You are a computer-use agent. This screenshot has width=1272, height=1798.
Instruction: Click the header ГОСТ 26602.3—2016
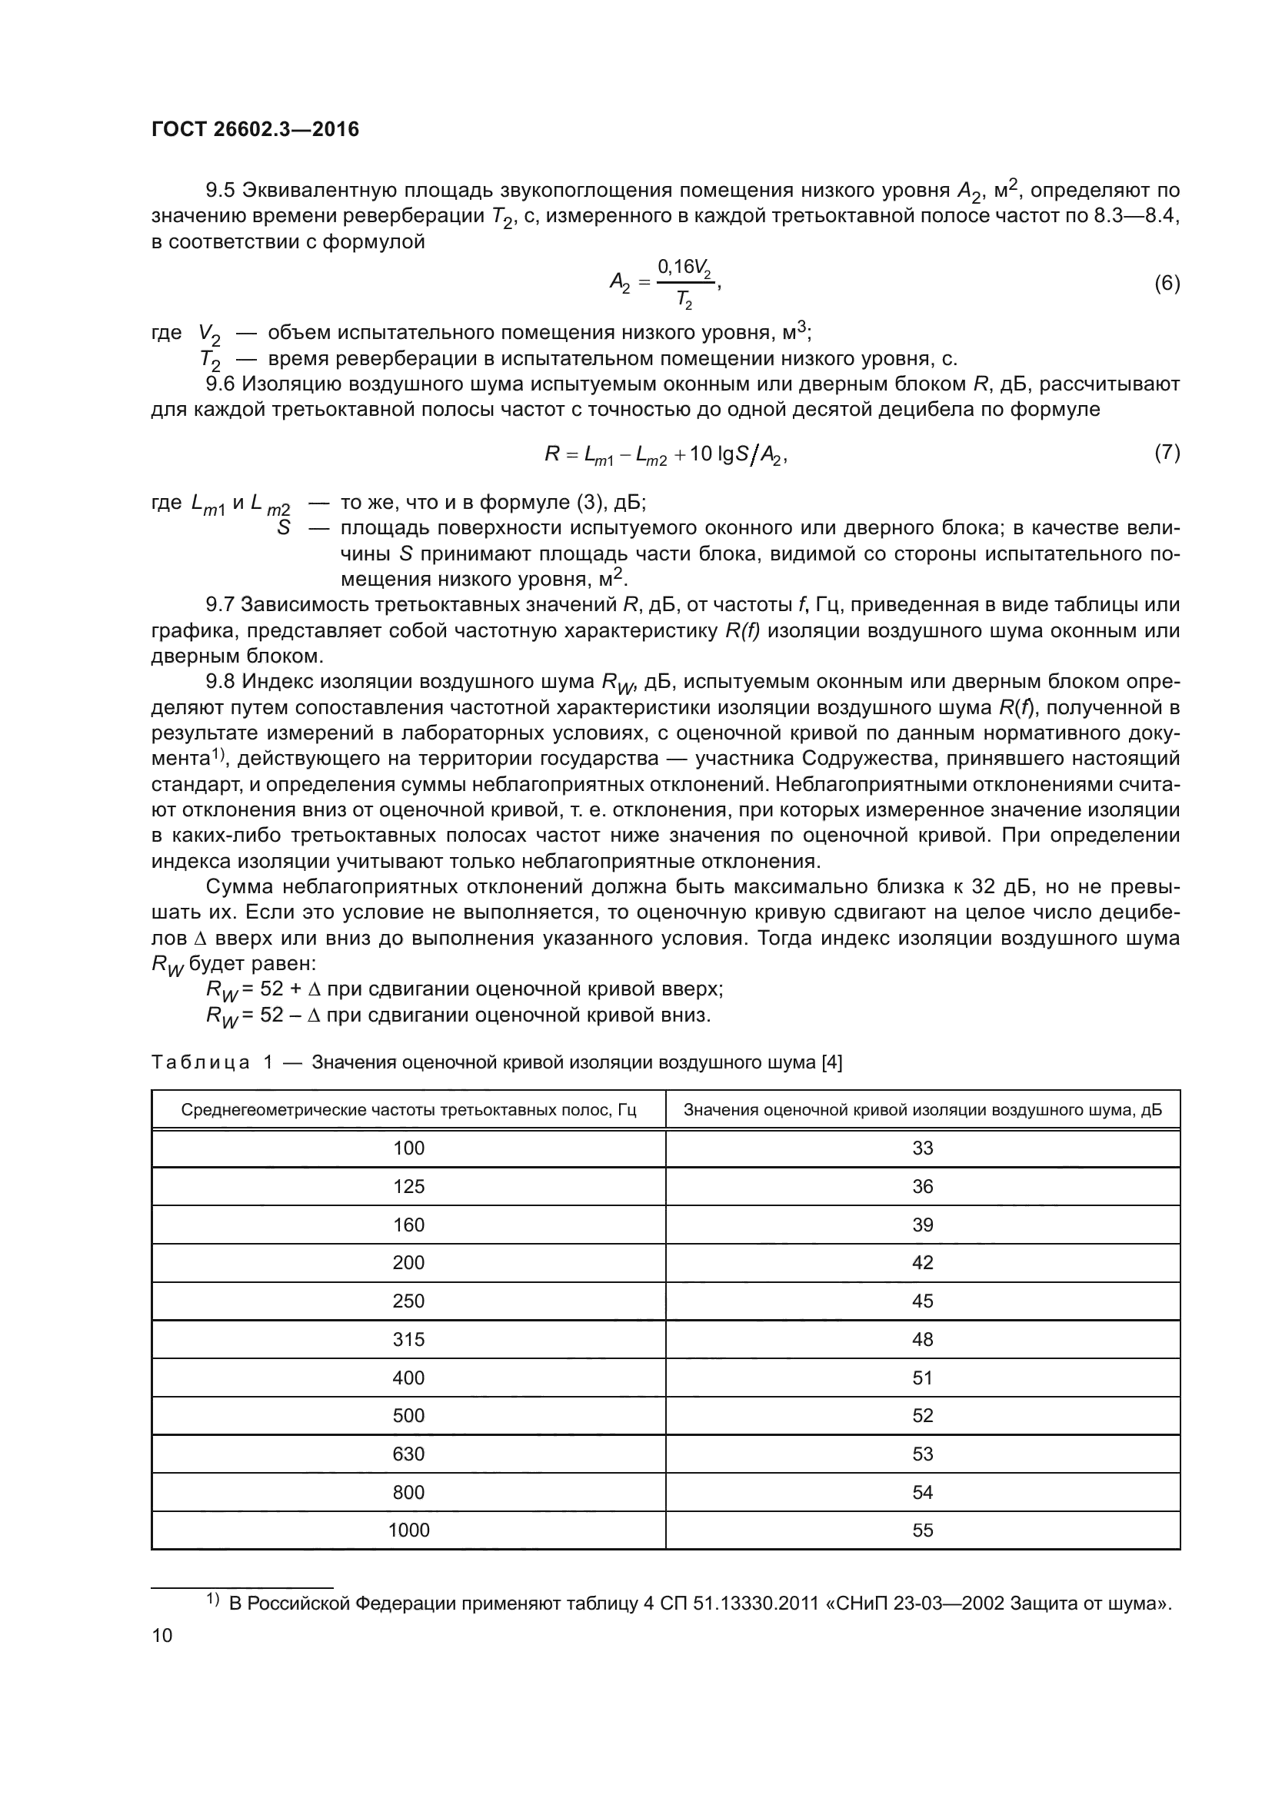coord(255,129)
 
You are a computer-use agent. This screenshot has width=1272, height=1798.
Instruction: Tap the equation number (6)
coord(1167,284)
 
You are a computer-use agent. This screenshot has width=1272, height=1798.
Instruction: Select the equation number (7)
coord(1167,453)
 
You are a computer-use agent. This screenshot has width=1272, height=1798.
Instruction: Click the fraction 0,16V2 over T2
coord(684,283)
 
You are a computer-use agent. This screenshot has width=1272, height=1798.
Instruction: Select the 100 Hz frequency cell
coord(408,1148)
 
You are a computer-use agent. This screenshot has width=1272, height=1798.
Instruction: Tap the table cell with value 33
coord(923,1148)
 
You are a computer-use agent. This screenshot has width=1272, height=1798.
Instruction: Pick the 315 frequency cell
coord(408,1339)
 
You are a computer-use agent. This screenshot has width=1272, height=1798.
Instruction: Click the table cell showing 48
coord(923,1339)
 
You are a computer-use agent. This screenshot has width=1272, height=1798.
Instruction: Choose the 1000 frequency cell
coord(408,1530)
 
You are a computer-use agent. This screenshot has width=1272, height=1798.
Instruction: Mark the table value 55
coord(923,1530)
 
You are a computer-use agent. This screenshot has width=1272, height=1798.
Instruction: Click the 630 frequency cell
coord(408,1454)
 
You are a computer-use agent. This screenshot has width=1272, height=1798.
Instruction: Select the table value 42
coord(923,1262)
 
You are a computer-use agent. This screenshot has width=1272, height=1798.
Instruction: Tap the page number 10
coord(161,1635)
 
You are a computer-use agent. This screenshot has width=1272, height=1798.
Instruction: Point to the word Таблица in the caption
coord(201,1062)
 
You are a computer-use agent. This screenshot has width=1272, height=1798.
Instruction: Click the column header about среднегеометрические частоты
coord(408,1110)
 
